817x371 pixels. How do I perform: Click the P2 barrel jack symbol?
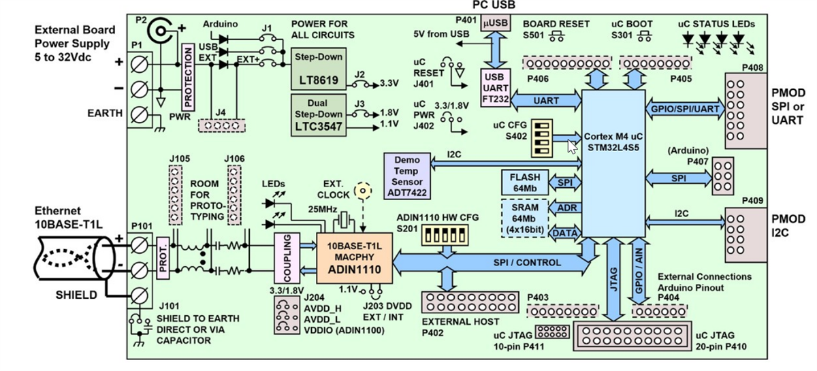coord(162,31)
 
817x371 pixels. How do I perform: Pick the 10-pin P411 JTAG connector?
coord(552,332)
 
